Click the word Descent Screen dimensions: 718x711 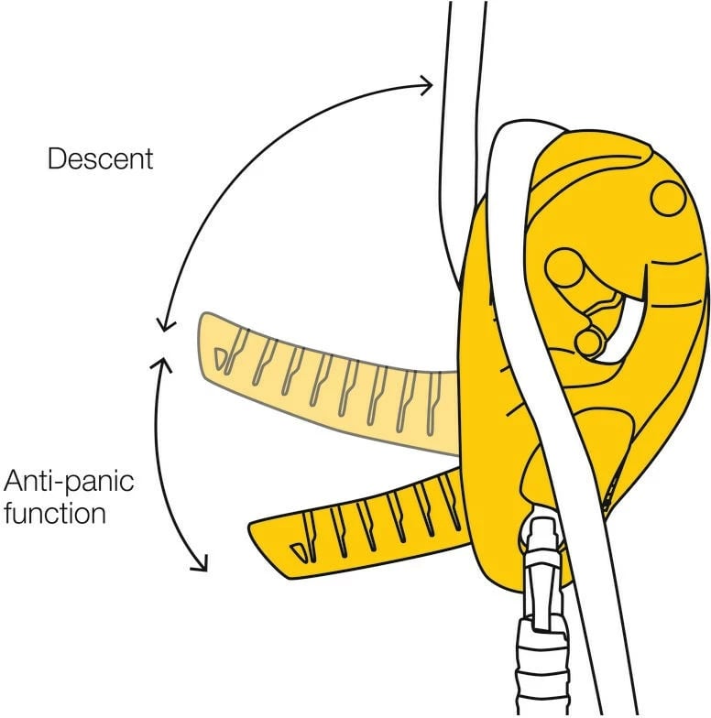click(101, 159)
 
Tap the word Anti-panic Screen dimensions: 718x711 click(70, 482)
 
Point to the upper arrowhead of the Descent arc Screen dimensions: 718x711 click(426, 86)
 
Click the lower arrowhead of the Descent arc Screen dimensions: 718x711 click(164, 325)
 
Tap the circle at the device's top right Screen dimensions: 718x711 click(667, 196)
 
